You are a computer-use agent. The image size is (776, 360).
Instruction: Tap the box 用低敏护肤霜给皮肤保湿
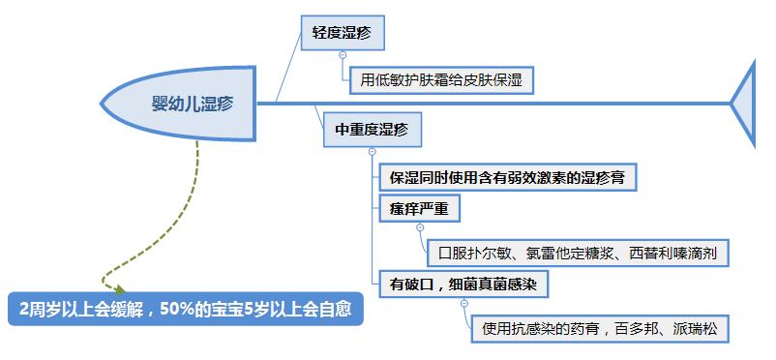(x=440, y=79)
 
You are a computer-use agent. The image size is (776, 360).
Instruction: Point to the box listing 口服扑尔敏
(x=578, y=253)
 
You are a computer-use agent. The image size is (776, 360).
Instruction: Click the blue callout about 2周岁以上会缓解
(x=184, y=310)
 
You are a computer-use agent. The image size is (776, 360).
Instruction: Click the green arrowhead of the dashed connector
(x=118, y=287)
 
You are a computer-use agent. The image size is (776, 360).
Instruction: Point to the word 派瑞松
(x=690, y=329)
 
